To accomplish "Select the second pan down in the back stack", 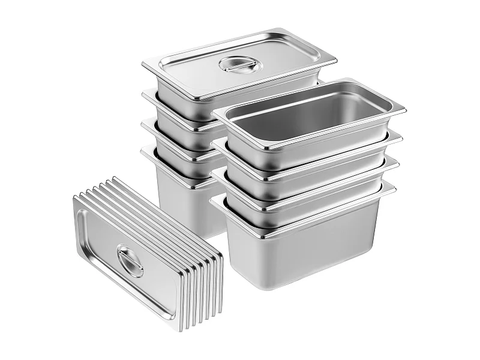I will point(174,108).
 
